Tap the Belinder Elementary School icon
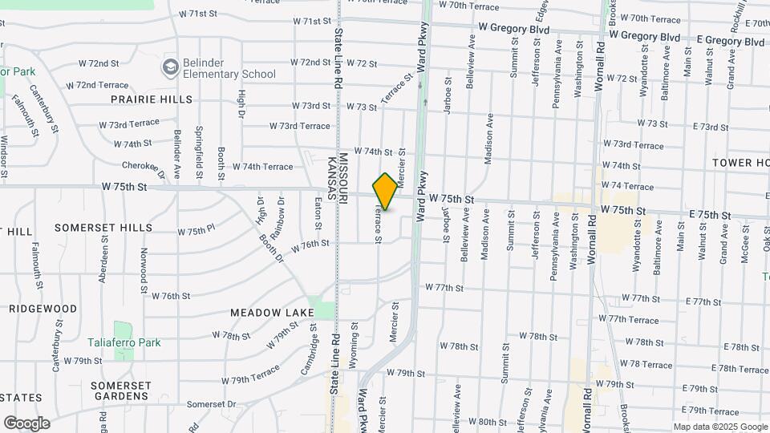[170, 67]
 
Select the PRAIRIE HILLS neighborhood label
[152, 99]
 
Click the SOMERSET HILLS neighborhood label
[103, 228]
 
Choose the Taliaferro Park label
[124, 342]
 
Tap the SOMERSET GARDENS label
[120, 391]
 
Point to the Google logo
[26, 423]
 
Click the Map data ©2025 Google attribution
[719, 427]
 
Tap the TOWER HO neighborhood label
[740, 163]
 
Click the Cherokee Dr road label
[143, 168]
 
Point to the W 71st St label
[199, 14]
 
